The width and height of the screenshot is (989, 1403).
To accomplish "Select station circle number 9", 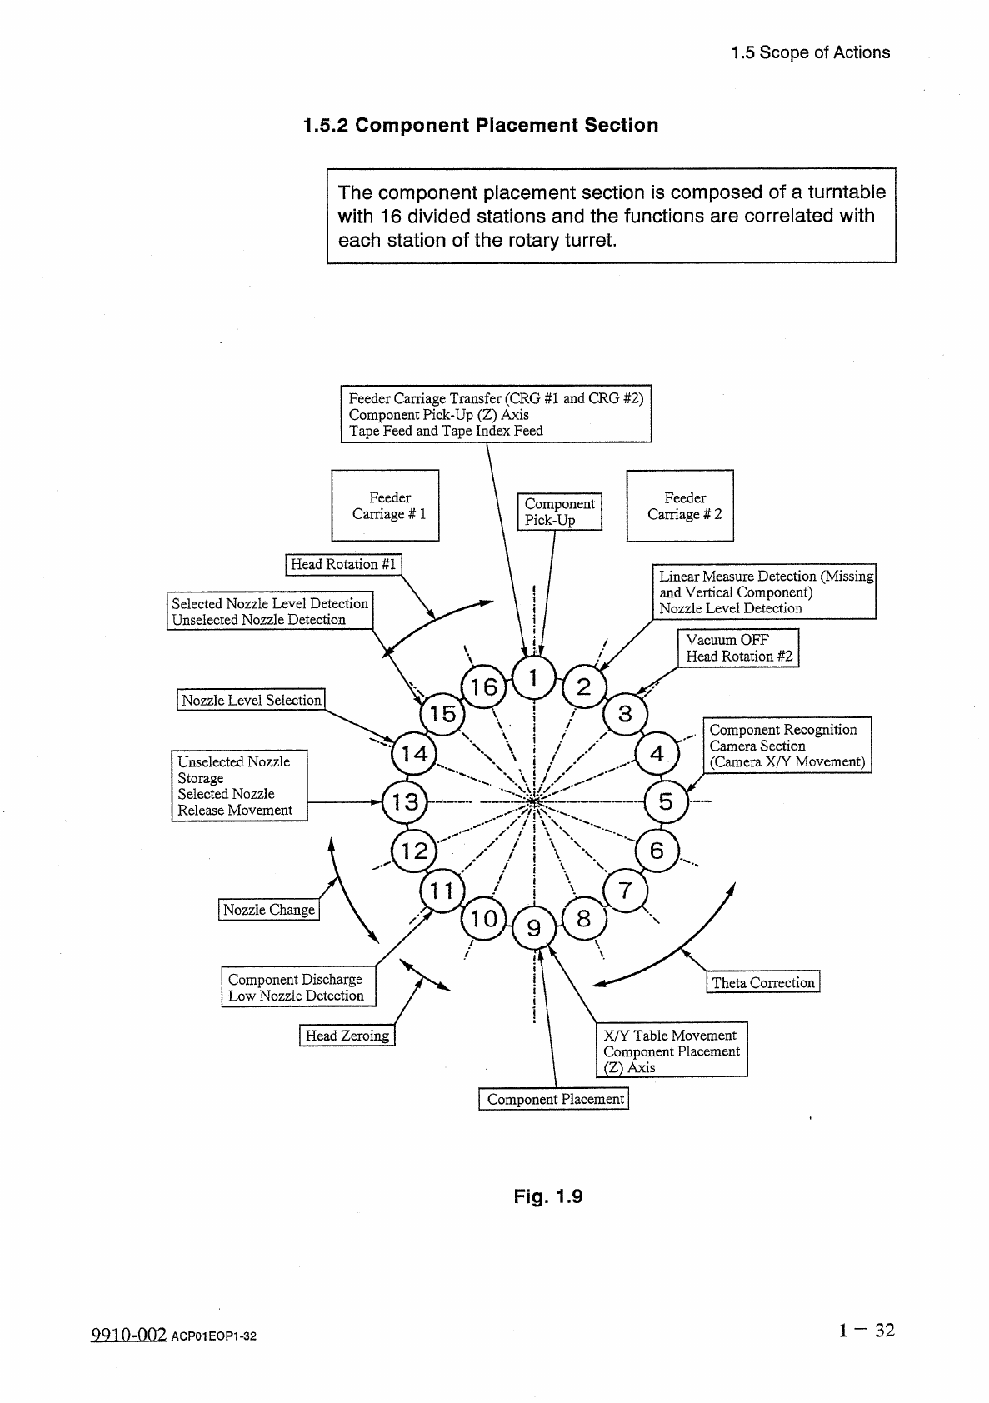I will (x=534, y=927).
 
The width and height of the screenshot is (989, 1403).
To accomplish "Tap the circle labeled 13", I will (x=405, y=802).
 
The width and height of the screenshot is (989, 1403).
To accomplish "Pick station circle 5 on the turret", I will (x=665, y=802).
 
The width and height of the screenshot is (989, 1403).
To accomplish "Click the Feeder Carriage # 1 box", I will (x=385, y=506).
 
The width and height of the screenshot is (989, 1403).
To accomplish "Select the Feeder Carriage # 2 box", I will (x=680, y=506).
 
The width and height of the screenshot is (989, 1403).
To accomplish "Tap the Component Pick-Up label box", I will (x=559, y=512).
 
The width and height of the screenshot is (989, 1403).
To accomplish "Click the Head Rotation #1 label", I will (x=343, y=565).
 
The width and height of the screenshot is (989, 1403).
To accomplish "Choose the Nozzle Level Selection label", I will (x=251, y=700).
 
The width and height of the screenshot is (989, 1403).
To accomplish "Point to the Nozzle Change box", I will (x=269, y=910).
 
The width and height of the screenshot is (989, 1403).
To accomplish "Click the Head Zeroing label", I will (x=347, y=1036).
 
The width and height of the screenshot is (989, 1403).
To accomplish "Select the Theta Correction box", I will (x=762, y=982).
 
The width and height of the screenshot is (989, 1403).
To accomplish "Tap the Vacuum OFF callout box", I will (x=738, y=648).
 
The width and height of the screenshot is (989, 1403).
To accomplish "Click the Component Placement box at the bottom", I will (x=554, y=1099).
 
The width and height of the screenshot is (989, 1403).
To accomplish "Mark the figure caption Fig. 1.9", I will (x=547, y=1197).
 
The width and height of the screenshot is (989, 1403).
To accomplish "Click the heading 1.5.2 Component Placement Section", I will (x=481, y=126).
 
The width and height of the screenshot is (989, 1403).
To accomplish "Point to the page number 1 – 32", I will (x=867, y=1330).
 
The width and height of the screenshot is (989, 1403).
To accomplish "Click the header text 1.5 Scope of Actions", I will (x=810, y=52).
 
